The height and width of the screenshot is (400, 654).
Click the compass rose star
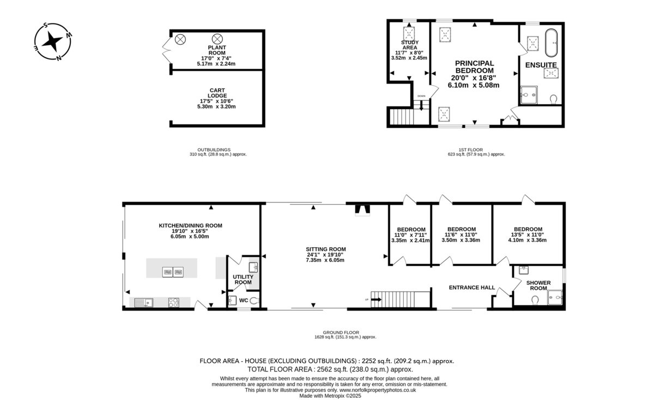(52, 41)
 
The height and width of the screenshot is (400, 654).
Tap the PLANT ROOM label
(217, 50)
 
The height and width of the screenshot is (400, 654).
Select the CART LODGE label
(217, 93)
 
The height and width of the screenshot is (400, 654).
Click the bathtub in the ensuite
(551, 43)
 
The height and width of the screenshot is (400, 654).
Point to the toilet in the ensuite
(553, 99)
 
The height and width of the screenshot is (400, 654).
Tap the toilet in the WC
(255, 300)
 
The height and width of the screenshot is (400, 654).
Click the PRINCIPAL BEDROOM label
(475, 67)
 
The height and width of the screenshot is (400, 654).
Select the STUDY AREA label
(410, 45)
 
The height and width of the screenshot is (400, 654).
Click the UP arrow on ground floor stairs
(377, 300)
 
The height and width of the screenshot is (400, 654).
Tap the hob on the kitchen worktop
(173, 302)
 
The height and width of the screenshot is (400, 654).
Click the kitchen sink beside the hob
(144, 303)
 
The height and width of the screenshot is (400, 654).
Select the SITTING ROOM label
(326, 249)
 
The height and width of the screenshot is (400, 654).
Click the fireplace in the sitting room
(362, 210)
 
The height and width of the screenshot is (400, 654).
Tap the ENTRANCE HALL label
(472, 288)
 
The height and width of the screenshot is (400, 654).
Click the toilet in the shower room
(535, 300)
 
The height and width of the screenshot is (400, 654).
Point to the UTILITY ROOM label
(243, 279)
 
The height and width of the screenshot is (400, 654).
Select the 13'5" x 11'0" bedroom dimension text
(528, 235)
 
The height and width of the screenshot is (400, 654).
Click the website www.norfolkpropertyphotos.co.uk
(378, 390)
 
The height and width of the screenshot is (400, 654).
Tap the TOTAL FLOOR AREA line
(330, 369)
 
